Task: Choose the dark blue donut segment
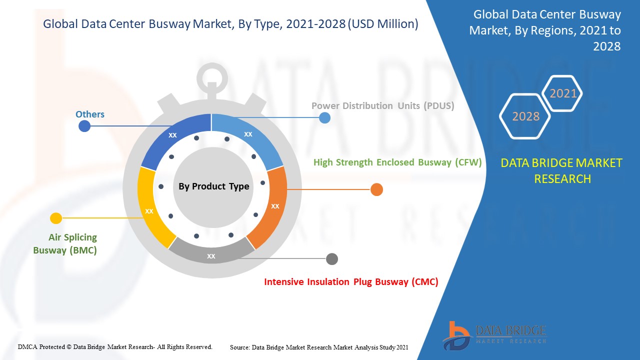pyautogui.click(x=174, y=137)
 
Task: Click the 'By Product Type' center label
pyautogui.click(x=213, y=186)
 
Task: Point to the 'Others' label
pyautogui.click(x=90, y=114)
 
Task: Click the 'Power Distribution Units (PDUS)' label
pyautogui.click(x=382, y=106)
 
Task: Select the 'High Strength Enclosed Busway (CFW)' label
pyautogui.click(x=397, y=162)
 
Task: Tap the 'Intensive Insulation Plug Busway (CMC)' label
pyautogui.click(x=351, y=282)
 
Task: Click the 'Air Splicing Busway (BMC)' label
pyautogui.click(x=65, y=243)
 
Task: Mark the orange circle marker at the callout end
pyautogui.click(x=376, y=189)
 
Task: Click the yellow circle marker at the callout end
pyautogui.click(x=56, y=218)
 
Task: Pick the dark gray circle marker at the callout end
pyautogui.click(x=331, y=259)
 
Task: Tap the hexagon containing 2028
pyautogui.click(x=525, y=116)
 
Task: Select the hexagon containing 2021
pyautogui.click(x=563, y=93)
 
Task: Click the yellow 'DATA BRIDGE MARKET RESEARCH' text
pyautogui.click(x=562, y=170)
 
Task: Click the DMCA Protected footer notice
pyautogui.click(x=115, y=346)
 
